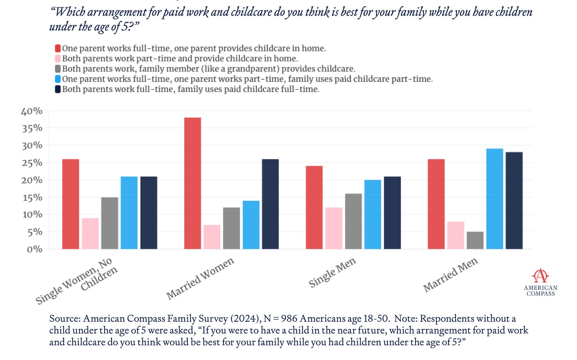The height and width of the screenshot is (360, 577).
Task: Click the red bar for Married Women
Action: click(x=192, y=183)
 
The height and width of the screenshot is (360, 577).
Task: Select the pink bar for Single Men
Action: click(x=334, y=228)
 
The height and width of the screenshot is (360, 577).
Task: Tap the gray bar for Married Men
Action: click(x=475, y=240)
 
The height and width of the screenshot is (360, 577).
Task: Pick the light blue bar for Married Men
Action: click(x=495, y=199)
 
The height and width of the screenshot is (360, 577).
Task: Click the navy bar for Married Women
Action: click(x=270, y=204)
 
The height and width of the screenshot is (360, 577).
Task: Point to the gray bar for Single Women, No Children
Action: click(x=110, y=223)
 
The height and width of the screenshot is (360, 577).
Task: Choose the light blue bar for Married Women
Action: click(x=251, y=225)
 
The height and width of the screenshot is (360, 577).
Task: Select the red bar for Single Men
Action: click(x=314, y=207)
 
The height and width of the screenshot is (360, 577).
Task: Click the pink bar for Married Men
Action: click(x=456, y=235)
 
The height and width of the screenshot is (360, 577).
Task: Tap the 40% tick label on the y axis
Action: click(x=32, y=111)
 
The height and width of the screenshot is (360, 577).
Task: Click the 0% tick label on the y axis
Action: click(x=34, y=250)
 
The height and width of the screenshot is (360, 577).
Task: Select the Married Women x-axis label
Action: click(x=200, y=278)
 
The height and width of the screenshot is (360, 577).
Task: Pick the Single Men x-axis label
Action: click(x=332, y=272)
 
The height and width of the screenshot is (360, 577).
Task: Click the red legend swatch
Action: click(x=58, y=48)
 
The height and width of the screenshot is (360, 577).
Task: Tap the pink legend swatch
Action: click(x=58, y=59)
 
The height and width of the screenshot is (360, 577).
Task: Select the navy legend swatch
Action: click(x=58, y=89)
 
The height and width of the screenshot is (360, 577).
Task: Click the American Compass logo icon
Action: click(x=540, y=275)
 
